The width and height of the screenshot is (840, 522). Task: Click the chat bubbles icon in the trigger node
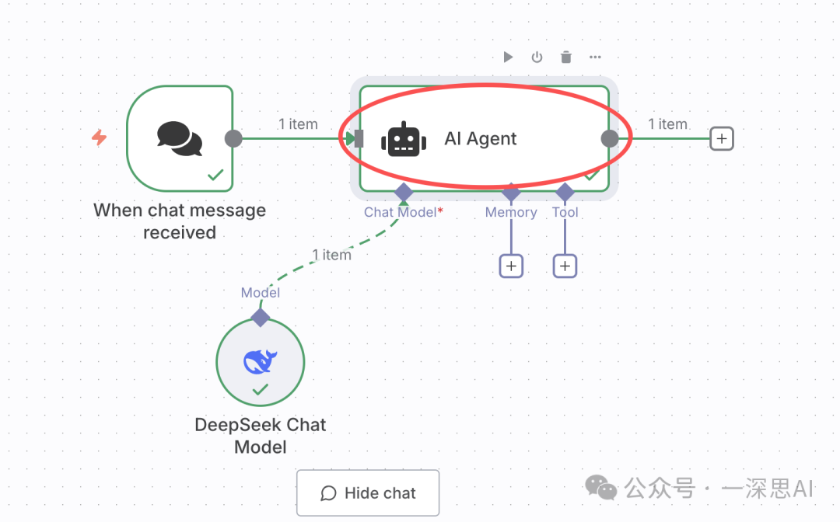[180, 137]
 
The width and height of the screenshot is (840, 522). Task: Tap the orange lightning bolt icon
[99, 138]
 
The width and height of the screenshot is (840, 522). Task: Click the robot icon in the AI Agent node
[403, 139]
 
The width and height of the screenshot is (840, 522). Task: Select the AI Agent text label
[481, 139]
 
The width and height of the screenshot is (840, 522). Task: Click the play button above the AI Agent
[508, 57]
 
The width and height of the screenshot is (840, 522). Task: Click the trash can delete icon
[566, 57]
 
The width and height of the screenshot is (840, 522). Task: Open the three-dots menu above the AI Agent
[595, 57]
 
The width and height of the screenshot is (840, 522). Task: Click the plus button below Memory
[511, 266]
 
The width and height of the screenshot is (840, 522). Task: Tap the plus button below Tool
[565, 266]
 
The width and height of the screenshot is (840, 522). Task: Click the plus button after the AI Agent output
[722, 138]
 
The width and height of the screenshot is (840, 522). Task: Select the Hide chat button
[368, 493]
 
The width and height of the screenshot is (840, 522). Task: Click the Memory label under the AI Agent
[511, 212]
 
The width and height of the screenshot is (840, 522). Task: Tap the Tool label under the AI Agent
[565, 212]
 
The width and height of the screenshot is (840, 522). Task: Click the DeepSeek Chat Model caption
[261, 436]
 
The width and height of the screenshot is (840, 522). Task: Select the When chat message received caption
[180, 221]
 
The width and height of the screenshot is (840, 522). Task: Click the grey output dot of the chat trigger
[233, 138]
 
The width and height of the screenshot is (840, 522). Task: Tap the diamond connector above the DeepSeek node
[261, 317]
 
